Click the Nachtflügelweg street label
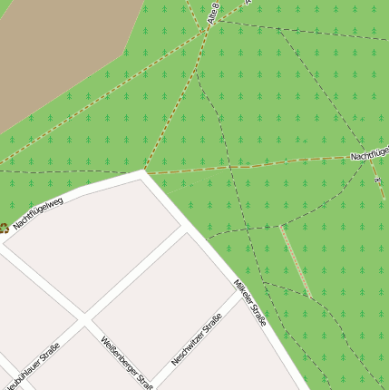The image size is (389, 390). pos(38,210)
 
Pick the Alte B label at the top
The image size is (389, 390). pos(215,14)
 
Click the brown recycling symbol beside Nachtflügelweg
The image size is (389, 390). pos(4,229)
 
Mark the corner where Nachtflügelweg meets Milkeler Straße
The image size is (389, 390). pos(143,171)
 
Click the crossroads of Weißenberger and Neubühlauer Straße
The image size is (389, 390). pos(85,319)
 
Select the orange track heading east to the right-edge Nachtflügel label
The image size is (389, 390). pos(254,165)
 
